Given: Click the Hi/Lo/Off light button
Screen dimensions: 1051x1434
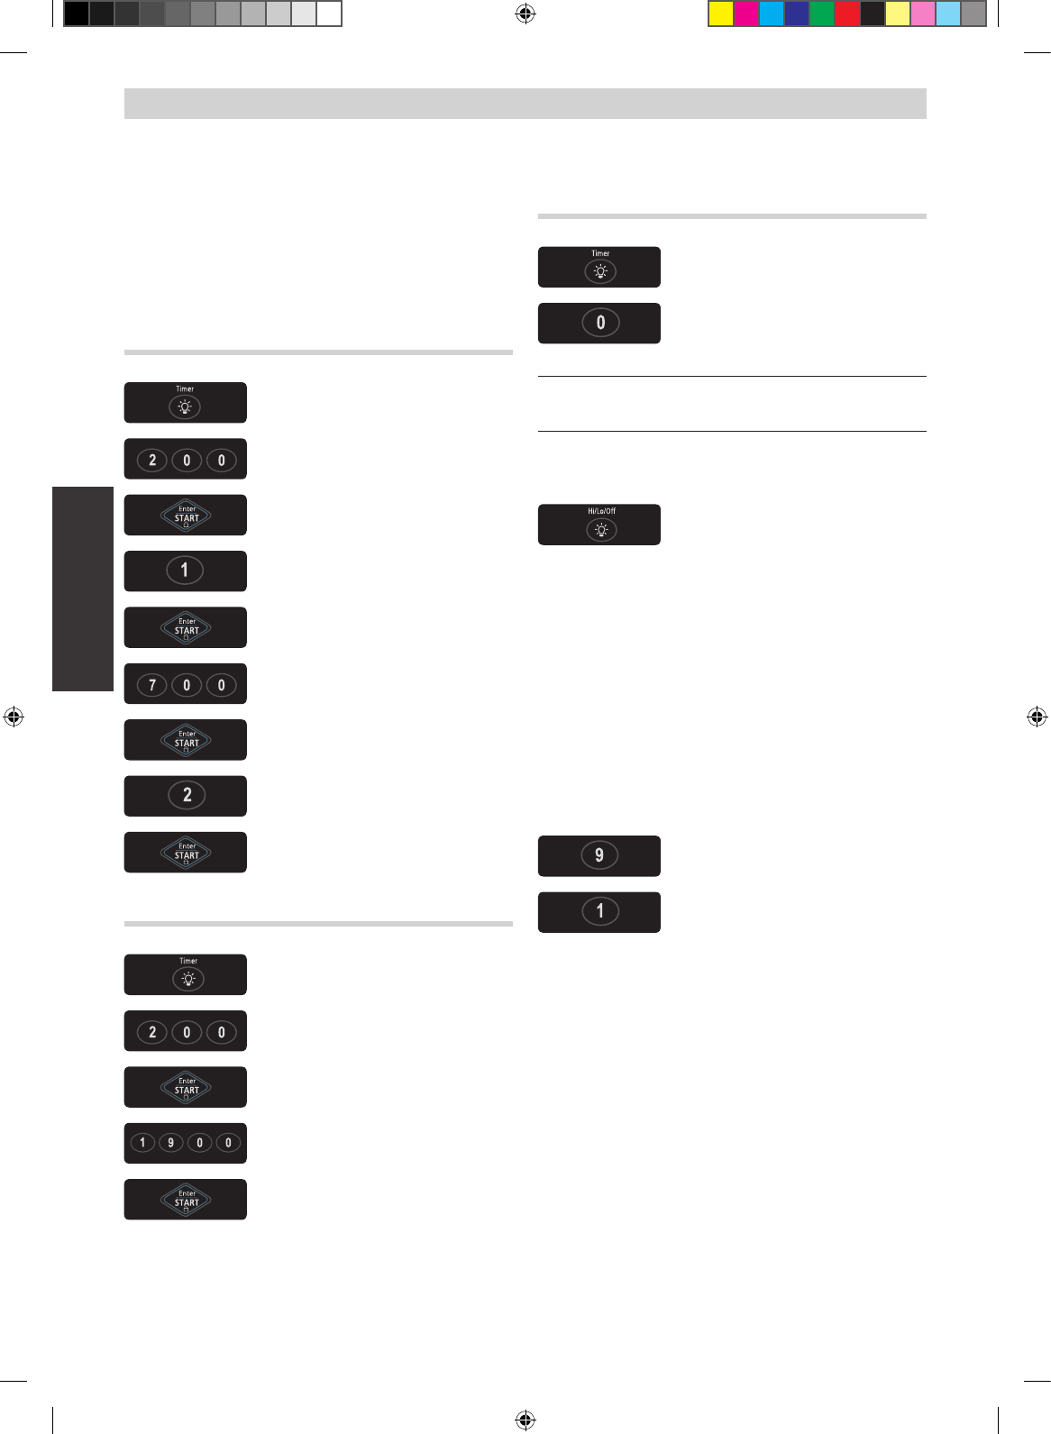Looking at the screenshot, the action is click(x=601, y=530).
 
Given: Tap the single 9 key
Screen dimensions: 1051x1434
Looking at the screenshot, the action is click(x=599, y=855).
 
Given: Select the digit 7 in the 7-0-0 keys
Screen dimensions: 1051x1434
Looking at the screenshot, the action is click(x=152, y=685).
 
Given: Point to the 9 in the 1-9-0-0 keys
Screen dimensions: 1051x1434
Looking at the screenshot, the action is click(x=170, y=1143).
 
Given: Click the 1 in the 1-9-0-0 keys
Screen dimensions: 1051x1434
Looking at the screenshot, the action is click(x=142, y=1143).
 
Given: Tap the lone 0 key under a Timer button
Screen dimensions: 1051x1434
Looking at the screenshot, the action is click(x=600, y=323).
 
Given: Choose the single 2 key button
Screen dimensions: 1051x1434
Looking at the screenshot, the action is click(x=187, y=795).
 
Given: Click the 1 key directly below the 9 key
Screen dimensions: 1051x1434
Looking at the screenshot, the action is click(x=600, y=911).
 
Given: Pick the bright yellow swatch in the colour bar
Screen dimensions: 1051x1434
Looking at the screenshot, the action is click(x=721, y=14).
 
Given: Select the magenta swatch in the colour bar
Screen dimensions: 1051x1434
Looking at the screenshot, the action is click(x=746, y=14).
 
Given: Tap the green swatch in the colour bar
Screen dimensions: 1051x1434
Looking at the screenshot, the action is click(x=822, y=14).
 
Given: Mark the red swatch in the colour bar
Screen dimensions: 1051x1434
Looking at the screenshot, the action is click(x=847, y=14).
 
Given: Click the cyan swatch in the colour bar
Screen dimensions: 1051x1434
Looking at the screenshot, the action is click(x=772, y=14).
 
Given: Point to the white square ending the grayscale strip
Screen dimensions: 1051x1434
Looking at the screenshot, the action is click(x=329, y=14).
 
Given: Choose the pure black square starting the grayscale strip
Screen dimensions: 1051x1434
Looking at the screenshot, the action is click(x=77, y=14).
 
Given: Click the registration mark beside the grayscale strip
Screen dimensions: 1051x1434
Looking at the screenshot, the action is click(x=525, y=14).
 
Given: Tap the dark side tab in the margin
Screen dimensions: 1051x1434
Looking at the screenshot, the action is click(x=83, y=589).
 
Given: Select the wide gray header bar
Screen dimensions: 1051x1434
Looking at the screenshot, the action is click(x=525, y=104).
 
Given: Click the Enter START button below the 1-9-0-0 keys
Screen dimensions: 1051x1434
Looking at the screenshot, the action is click(x=186, y=1200).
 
